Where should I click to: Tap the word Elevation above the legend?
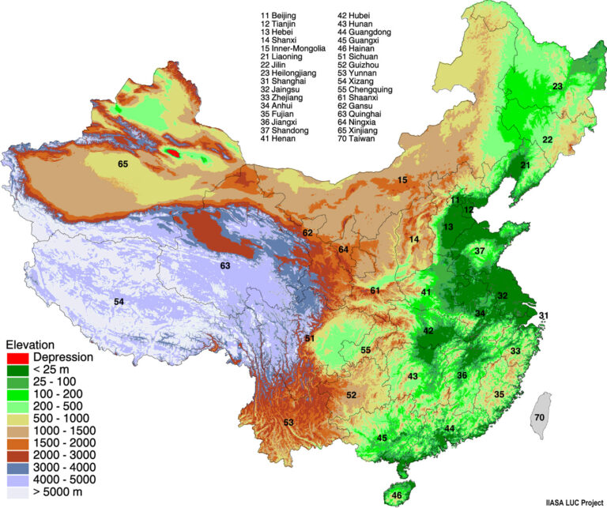click(x=30, y=344)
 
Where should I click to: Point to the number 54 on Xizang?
click(x=119, y=302)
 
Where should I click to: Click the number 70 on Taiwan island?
click(x=539, y=416)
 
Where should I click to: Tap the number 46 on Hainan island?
click(x=396, y=495)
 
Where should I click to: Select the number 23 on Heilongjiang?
click(x=557, y=86)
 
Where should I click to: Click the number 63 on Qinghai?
click(x=225, y=265)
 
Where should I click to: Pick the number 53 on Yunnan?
click(x=288, y=422)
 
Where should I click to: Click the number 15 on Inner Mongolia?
click(x=402, y=181)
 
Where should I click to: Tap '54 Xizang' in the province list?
click(x=361, y=81)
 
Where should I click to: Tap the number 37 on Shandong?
click(x=479, y=250)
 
